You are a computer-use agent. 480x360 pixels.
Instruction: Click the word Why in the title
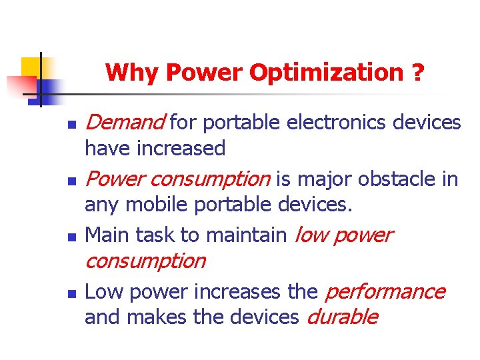coord(133,72)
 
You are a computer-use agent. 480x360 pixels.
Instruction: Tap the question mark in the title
coord(417,72)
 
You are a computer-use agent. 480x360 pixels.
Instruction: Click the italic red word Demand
coord(125,123)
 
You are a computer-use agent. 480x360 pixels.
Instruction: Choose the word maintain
coord(247,235)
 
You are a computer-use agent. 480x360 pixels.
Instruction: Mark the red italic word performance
coord(385,292)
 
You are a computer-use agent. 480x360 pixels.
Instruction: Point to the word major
coord(325,179)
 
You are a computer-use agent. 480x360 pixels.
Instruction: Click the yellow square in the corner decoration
coord(31,67)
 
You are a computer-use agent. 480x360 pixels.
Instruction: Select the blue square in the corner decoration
coord(48,89)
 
